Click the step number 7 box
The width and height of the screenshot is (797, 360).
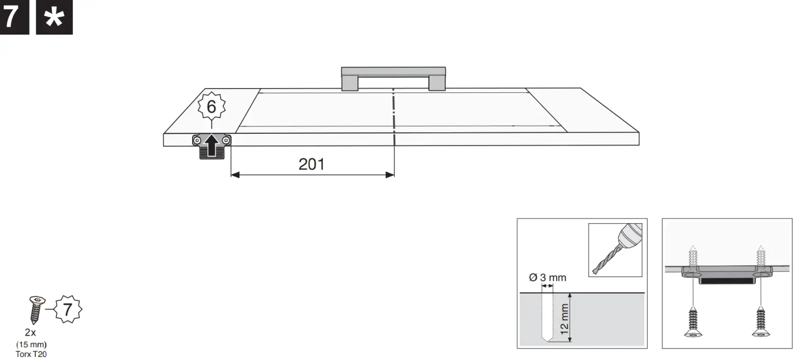[x=14, y=17]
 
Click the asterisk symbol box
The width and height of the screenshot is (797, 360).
[x=54, y=17]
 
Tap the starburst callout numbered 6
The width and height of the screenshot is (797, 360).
[x=211, y=107]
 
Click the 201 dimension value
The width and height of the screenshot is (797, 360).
[x=311, y=164]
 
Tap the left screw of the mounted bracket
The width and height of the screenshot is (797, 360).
[x=197, y=140]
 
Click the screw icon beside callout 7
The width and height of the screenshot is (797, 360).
[x=36, y=309]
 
